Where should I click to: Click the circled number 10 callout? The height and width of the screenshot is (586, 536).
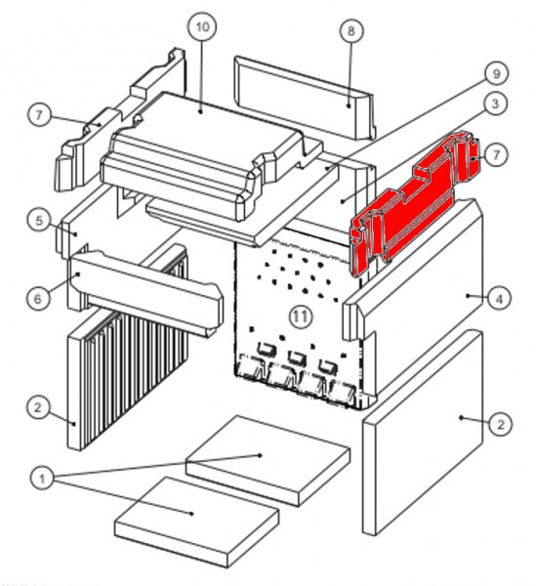tap(202, 27)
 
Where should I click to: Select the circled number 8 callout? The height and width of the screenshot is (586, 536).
tap(351, 31)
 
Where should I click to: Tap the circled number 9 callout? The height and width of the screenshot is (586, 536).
tap(496, 73)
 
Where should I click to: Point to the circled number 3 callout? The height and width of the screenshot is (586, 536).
tap(495, 104)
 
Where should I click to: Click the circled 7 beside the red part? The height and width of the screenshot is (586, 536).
tap(496, 154)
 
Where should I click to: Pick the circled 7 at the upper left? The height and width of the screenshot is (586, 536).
tap(40, 115)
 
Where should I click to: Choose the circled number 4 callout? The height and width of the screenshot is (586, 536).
tap(500, 299)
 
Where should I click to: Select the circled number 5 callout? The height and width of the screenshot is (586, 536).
tap(39, 221)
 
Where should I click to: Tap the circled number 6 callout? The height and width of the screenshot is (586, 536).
tap(38, 298)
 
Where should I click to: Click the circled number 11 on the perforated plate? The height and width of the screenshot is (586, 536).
tap(301, 316)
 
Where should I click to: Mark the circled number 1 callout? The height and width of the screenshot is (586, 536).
tap(41, 479)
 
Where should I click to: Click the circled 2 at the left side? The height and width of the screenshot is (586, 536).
tap(38, 407)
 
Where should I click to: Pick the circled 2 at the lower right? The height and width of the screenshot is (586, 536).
tap(500, 424)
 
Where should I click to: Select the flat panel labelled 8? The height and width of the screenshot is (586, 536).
tap(305, 97)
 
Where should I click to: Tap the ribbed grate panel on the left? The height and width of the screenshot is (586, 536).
tap(127, 348)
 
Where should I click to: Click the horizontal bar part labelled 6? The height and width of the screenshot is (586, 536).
tap(145, 291)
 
